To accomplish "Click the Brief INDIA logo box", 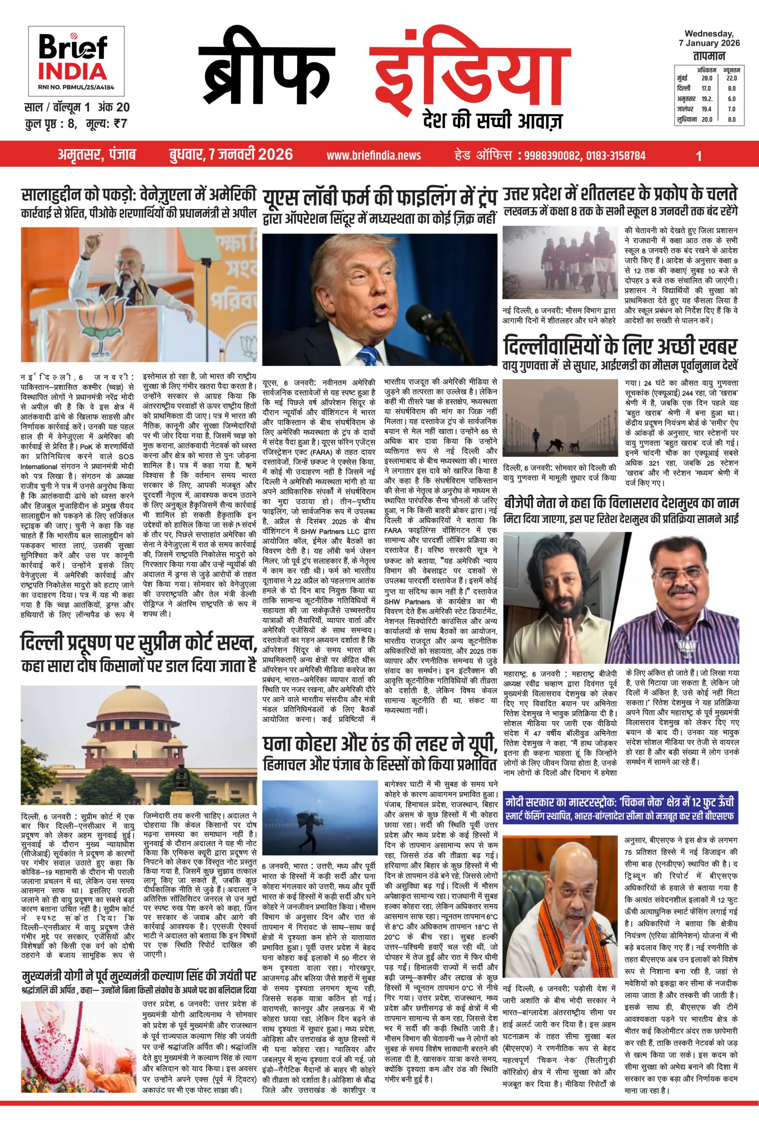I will pos(76,61).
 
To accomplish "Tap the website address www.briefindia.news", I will pos(374,155).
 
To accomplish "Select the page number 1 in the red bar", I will pos(699,155).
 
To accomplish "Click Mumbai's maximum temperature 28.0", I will pos(707,78).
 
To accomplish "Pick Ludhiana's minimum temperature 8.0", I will pos(731,119).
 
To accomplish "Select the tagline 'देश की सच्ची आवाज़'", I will pos(491,120).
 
